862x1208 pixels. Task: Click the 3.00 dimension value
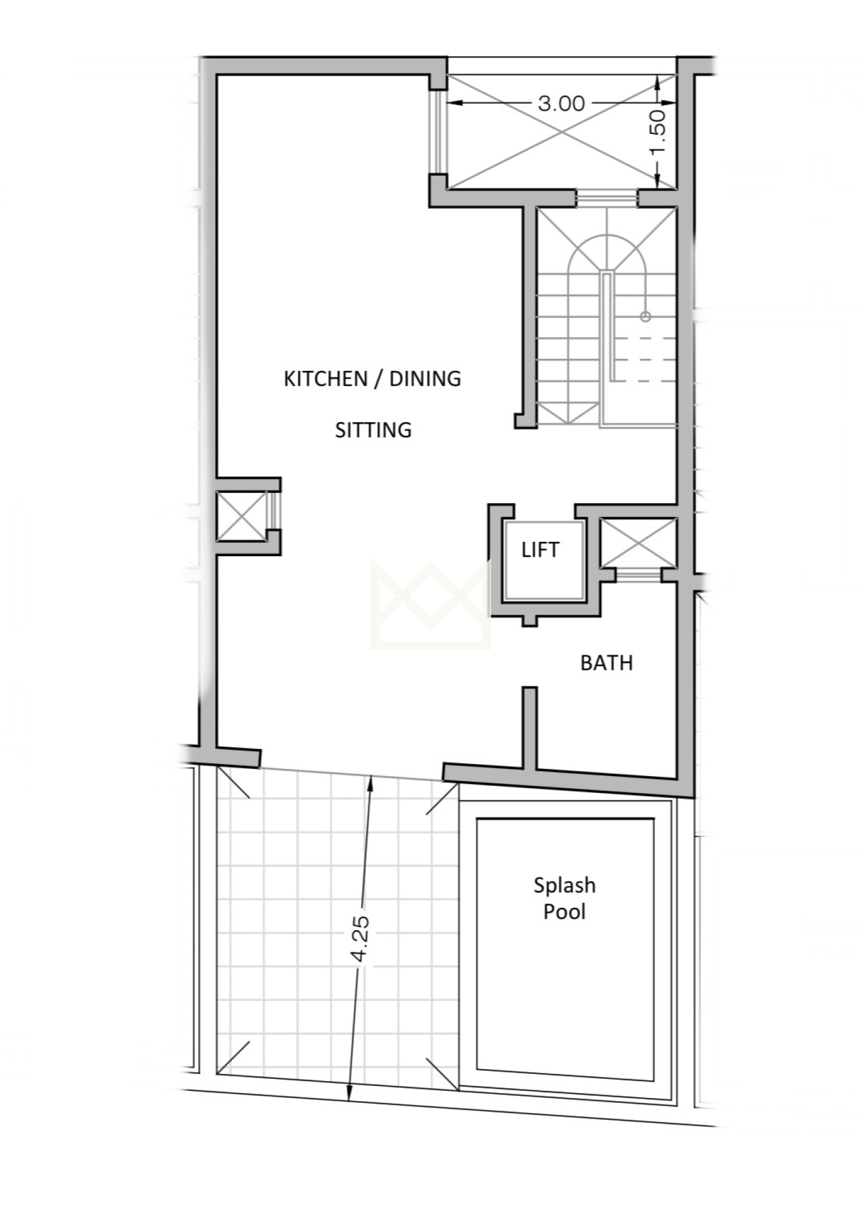[561, 103]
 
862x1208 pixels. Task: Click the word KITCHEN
[326, 379]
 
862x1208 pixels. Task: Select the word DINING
[425, 379]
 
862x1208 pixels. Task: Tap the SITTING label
[373, 430]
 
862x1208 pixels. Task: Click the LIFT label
[541, 550]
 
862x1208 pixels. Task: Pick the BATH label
[606, 663]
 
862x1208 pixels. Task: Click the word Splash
[565, 886]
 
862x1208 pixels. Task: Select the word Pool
[565, 911]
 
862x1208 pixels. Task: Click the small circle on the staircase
[646, 316]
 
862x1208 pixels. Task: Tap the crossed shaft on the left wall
[241, 516]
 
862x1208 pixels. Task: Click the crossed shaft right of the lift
[638, 542]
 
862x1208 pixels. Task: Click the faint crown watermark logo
[431, 605]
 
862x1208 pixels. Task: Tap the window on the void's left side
[438, 132]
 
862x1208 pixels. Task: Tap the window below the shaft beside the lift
[638, 574]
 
